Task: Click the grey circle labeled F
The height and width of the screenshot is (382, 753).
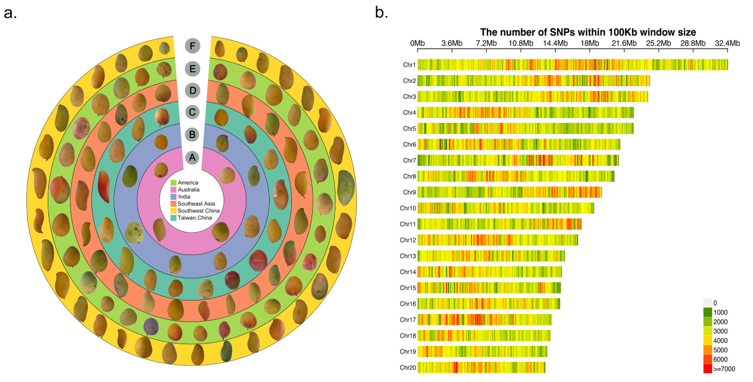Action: point(193,46)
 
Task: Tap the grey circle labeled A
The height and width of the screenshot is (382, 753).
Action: point(192,157)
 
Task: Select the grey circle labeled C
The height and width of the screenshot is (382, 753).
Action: point(192,112)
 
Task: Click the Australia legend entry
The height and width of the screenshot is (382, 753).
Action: point(185,190)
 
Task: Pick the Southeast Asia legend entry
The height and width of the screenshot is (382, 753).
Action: point(193,203)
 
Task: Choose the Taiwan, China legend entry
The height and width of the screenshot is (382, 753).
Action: point(191,218)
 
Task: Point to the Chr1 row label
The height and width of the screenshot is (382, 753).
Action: point(409,65)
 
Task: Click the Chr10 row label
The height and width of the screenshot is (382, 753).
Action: point(408,208)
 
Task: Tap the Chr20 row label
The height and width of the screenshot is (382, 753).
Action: point(408,367)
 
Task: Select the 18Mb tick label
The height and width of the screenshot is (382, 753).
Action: point(589,43)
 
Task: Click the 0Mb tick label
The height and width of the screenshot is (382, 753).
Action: point(418,43)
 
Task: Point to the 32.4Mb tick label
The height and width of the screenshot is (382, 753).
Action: point(727,43)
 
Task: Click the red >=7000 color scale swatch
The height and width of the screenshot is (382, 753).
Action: point(708,369)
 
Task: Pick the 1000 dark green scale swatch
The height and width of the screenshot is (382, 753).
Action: point(708,312)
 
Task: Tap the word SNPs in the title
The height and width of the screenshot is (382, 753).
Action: point(563,32)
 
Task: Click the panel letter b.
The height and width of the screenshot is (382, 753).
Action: point(381,13)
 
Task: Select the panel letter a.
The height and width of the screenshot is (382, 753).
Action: point(10,13)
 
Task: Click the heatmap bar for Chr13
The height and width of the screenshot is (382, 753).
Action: point(491,256)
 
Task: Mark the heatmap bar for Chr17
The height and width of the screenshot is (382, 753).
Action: point(485,320)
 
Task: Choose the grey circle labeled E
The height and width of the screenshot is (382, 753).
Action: point(193,69)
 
